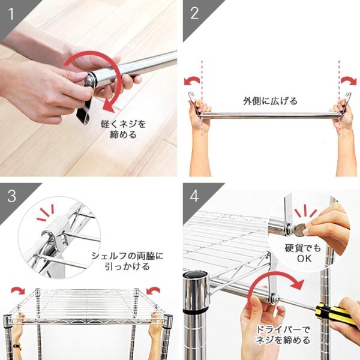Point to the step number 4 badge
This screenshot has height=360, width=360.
pos(194,196)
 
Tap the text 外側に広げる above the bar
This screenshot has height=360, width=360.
pos(270,101)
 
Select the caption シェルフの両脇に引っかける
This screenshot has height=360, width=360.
pos(127,260)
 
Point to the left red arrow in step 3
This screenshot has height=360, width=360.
pos(18,290)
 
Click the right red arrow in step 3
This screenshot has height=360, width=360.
pos(154,290)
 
